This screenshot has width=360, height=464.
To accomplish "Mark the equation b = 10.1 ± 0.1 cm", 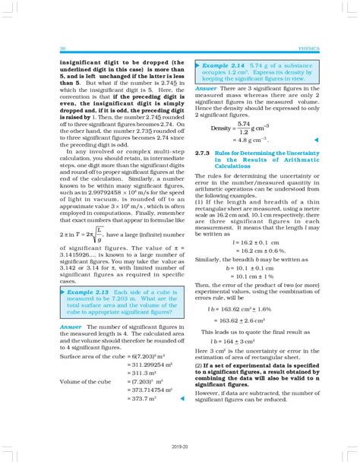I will [235, 267].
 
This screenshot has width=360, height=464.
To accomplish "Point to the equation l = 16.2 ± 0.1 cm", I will [235, 241].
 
